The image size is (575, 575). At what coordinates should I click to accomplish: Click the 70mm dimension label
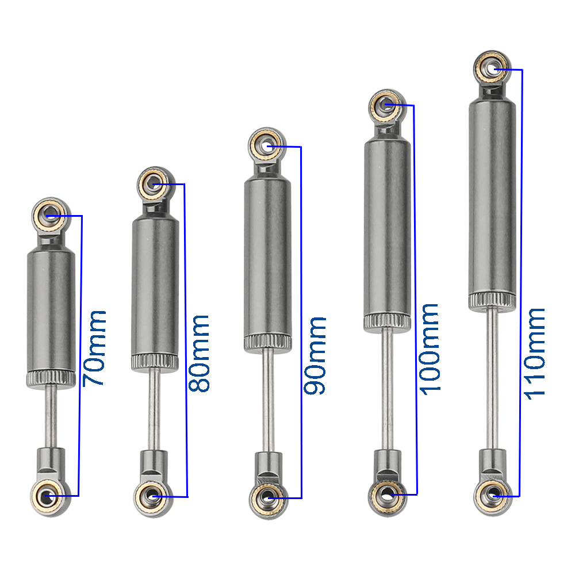(94, 348)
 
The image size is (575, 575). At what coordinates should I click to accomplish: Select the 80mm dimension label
(198, 354)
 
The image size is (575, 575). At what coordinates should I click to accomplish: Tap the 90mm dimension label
(315, 356)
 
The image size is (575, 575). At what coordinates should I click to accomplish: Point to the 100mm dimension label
(429, 350)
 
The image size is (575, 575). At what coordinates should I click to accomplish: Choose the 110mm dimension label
(534, 354)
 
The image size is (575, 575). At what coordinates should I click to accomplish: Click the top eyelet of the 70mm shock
(51, 214)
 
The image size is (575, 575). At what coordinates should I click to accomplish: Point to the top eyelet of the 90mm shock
(267, 145)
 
